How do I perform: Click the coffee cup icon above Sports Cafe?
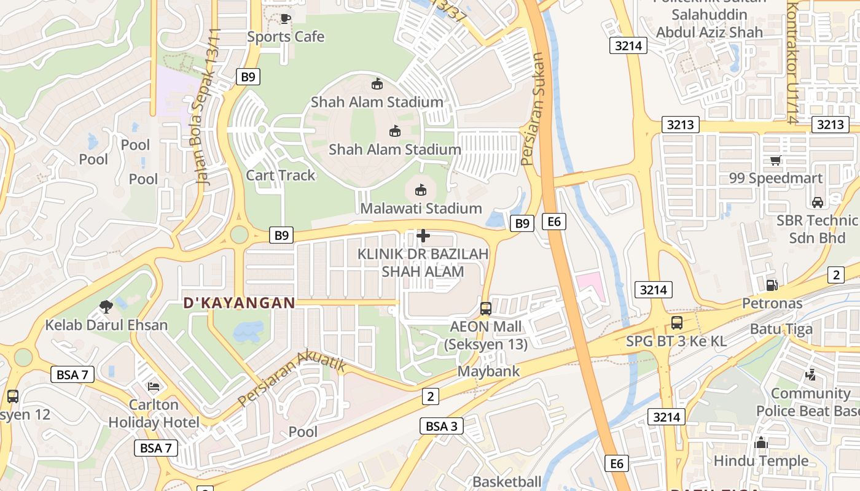click(285, 18)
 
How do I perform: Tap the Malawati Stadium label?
click(421, 209)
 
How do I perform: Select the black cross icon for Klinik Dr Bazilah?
click(423, 235)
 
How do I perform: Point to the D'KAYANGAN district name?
click(240, 303)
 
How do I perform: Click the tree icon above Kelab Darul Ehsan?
click(106, 306)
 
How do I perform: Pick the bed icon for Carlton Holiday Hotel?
click(154, 387)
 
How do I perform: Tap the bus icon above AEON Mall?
click(486, 308)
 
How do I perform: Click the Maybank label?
click(488, 371)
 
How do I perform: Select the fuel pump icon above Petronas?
click(772, 285)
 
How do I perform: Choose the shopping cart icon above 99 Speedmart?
click(775, 160)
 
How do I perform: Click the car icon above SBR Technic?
click(818, 202)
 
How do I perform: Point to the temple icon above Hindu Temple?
click(761, 443)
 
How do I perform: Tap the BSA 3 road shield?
click(442, 426)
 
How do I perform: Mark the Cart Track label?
click(280, 176)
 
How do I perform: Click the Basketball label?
click(507, 482)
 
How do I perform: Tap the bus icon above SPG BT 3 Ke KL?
click(676, 323)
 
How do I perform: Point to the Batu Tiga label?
click(781, 329)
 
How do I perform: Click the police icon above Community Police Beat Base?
click(810, 374)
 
